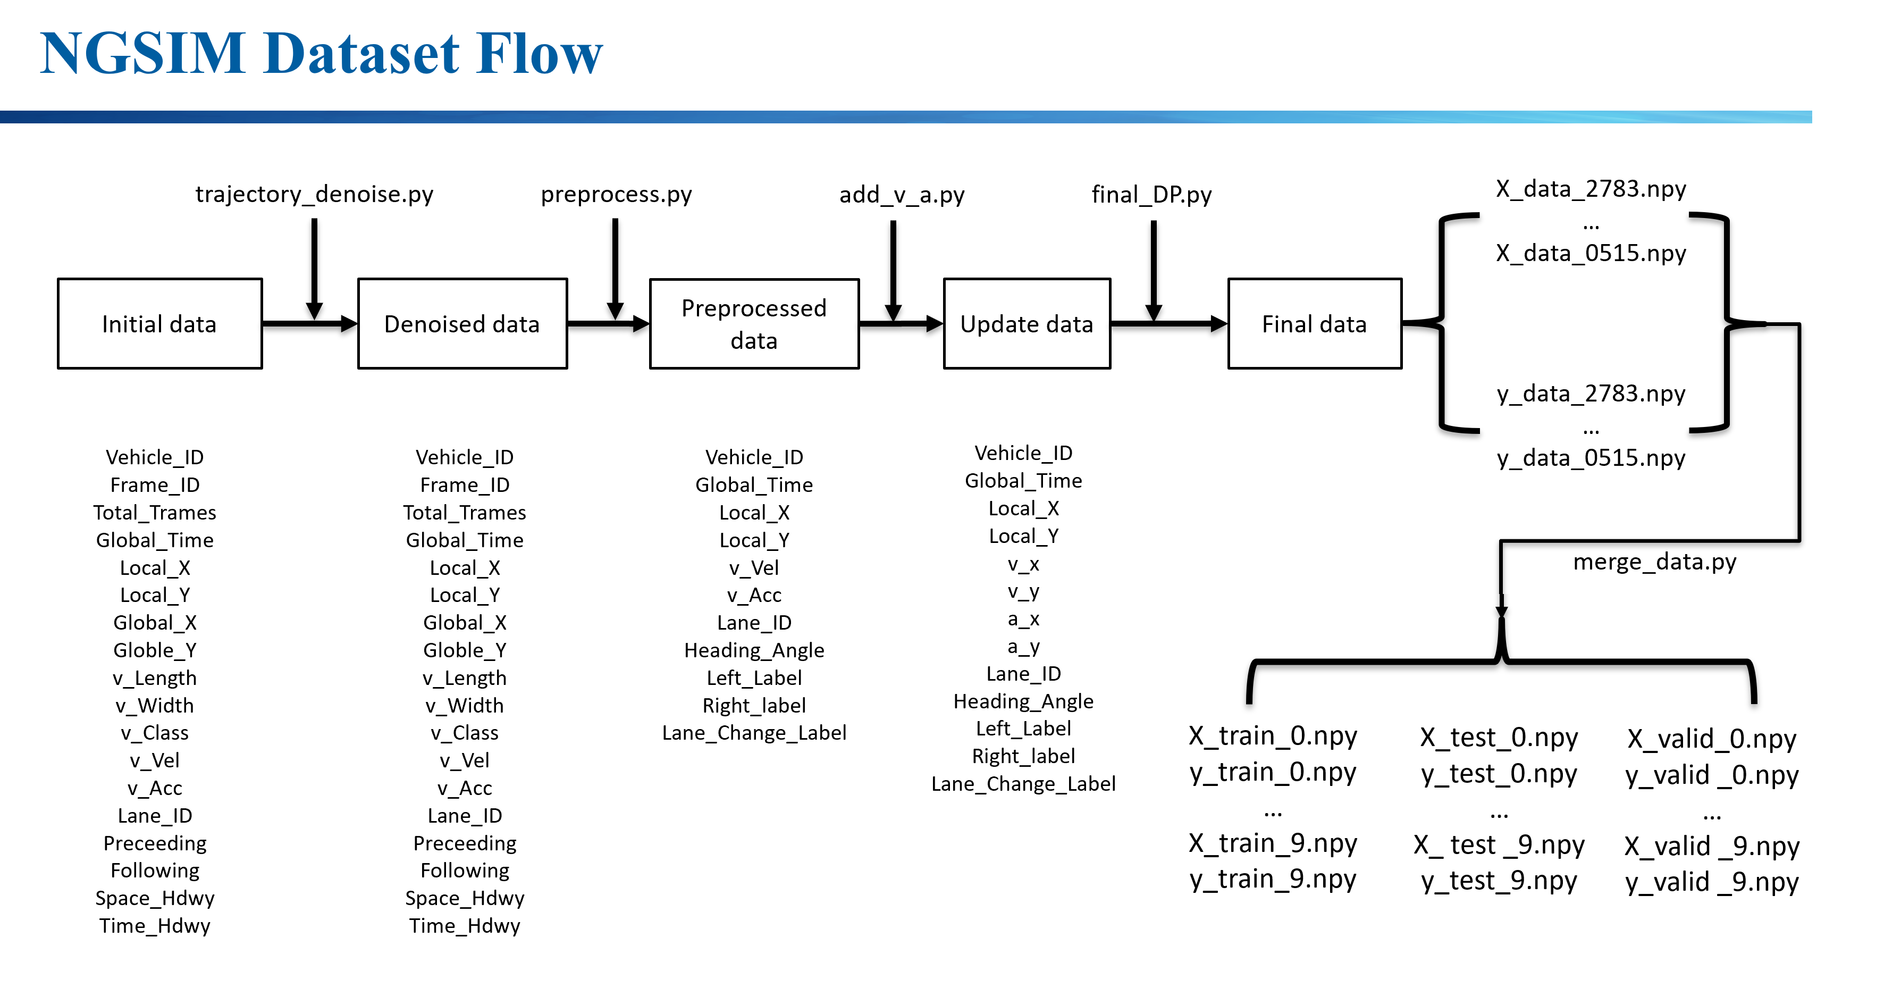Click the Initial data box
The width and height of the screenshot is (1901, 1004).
pos(159,324)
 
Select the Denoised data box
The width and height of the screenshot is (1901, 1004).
pos(462,324)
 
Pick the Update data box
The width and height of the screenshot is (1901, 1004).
pos(1026,324)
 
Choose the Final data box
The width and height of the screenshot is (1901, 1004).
pos(1314,324)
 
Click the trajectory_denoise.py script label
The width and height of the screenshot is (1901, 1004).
pos(314,194)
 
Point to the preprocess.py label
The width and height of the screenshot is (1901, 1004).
pos(616,194)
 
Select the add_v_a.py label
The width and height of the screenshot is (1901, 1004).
pos(901,195)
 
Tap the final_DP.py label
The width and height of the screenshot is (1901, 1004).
pos(1151,195)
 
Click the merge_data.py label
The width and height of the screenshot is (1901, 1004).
pos(1654,562)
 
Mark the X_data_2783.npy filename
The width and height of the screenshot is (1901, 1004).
pos(1591,189)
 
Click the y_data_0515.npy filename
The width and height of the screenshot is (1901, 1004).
pos(1591,458)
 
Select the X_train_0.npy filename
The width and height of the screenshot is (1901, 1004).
pos(1272,736)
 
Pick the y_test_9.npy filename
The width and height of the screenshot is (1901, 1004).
pos(1498,881)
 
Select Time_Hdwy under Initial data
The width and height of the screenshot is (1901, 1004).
pos(155,926)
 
